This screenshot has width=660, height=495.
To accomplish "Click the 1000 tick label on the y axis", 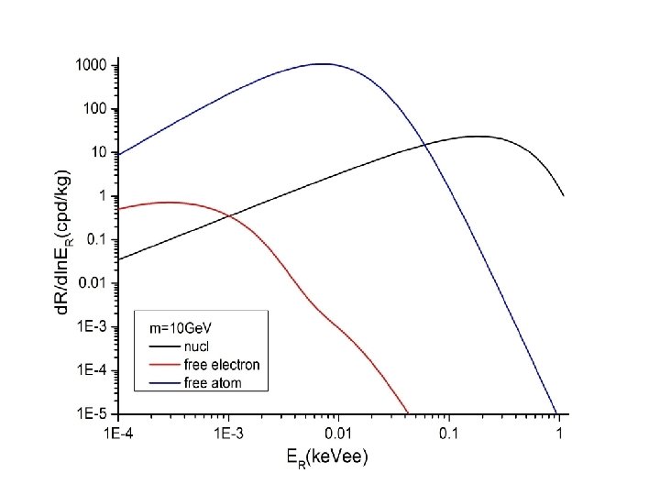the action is pyautogui.click(x=93, y=66).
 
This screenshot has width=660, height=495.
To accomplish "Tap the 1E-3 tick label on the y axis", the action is pyautogui.click(x=93, y=326).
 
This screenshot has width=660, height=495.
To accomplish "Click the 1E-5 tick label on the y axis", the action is pyautogui.click(x=93, y=413).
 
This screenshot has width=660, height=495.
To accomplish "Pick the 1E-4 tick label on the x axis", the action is pyautogui.click(x=118, y=433).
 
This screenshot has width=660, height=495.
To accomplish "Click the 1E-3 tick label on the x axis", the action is pyautogui.click(x=228, y=433).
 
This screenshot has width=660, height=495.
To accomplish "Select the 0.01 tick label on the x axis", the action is pyautogui.click(x=339, y=433).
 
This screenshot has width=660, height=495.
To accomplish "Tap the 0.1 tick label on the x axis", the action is pyautogui.click(x=448, y=433).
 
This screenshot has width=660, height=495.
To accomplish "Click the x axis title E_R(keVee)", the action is pyautogui.click(x=327, y=457).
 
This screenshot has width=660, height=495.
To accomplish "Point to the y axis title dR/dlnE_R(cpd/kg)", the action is pyautogui.click(x=63, y=243).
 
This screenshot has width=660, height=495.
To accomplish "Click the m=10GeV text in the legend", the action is pyautogui.click(x=181, y=328).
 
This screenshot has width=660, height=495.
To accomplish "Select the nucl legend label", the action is pyautogui.click(x=196, y=346).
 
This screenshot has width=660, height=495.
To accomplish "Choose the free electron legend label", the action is pyautogui.click(x=222, y=365).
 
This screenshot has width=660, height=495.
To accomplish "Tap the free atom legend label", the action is pyautogui.click(x=213, y=383).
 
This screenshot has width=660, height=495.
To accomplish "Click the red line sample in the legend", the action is pyautogui.click(x=165, y=365).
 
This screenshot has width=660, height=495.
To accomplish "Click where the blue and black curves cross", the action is pyautogui.click(x=425, y=145).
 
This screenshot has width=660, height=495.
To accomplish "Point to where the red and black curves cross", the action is pyautogui.click(x=230, y=216).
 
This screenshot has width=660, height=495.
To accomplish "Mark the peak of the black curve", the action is pyautogui.click(x=478, y=136).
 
